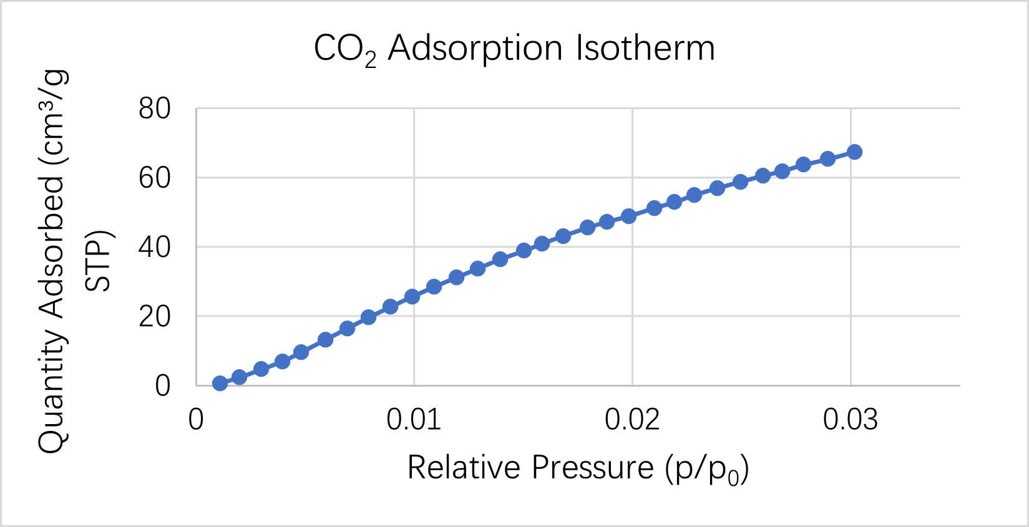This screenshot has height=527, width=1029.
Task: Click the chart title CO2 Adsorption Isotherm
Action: (x=514, y=49)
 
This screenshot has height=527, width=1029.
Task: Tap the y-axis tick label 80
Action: (x=155, y=109)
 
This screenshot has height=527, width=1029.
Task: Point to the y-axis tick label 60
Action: (x=155, y=178)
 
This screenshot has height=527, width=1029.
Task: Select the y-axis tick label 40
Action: (x=155, y=248)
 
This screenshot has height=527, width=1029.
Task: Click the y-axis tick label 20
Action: (x=155, y=317)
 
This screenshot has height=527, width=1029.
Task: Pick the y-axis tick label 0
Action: (x=162, y=386)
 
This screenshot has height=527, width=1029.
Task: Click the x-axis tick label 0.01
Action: (x=413, y=420)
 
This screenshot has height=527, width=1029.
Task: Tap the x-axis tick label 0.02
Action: (x=632, y=420)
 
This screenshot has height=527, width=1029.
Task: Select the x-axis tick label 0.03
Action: (x=850, y=420)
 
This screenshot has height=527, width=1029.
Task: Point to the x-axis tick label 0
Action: (x=196, y=420)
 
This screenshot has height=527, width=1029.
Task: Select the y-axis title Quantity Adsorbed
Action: (x=52, y=262)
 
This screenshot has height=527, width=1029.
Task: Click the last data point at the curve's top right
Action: (x=854, y=152)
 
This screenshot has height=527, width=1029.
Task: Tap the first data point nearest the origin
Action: (x=220, y=383)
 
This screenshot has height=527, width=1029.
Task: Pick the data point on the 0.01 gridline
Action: (x=412, y=297)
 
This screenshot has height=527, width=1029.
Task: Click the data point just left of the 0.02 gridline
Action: (x=628, y=216)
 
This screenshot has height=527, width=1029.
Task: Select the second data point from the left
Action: (x=239, y=377)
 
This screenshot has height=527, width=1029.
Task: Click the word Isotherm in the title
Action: (x=645, y=49)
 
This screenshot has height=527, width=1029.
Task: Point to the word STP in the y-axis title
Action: (x=98, y=262)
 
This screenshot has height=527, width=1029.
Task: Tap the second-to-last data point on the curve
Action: (x=827, y=159)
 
